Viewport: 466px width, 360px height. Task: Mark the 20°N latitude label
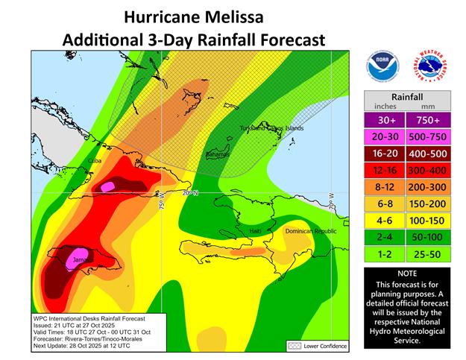190,192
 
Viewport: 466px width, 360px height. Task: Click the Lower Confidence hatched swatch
294,346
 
